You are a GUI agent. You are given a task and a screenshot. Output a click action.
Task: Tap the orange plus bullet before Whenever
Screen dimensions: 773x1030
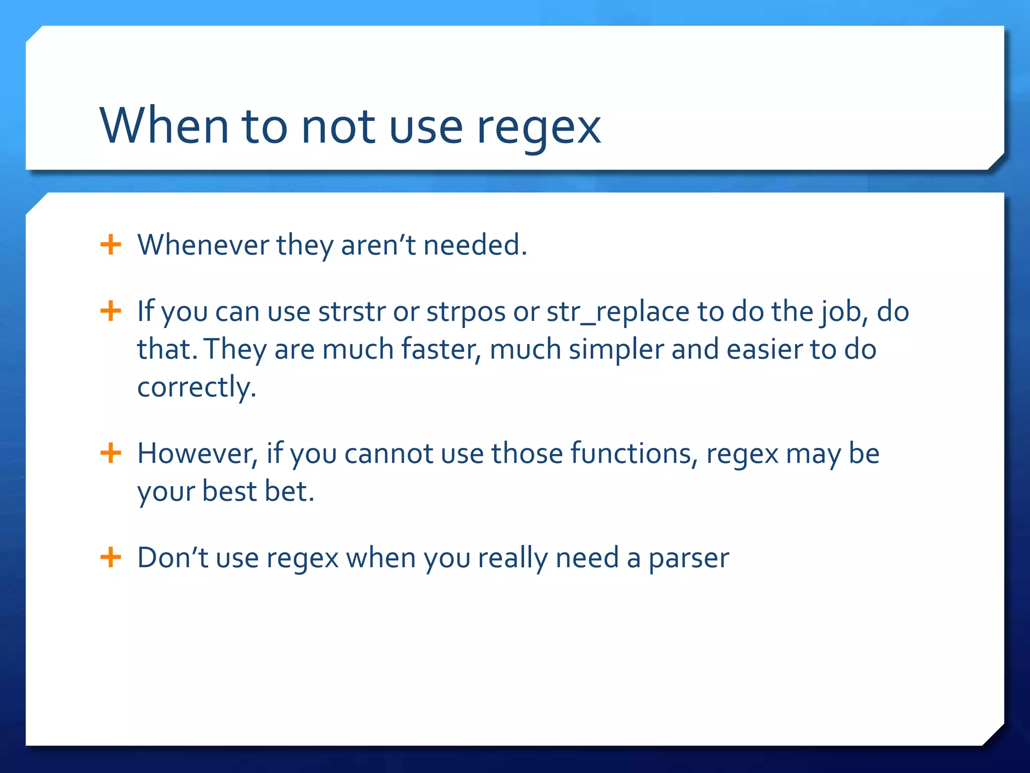pyautogui.click(x=111, y=245)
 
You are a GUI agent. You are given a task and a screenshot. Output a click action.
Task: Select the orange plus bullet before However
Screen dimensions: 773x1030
pyautogui.click(x=111, y=453)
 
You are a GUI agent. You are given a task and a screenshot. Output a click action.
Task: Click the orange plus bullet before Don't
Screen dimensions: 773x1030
pyautogui.click(x=111, y=558)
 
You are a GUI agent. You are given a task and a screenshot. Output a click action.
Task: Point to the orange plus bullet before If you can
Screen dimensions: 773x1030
pyautogui.click(x=111, y=311)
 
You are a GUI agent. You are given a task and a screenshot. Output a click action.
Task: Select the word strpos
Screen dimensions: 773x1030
pyautogui.click(x=466, y=313)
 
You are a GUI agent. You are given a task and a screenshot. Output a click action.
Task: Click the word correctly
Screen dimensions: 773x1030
pyautogui.click(x=196, y=388)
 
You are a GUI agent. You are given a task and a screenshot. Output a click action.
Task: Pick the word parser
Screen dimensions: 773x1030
pyautogui.click(x=689, y=559)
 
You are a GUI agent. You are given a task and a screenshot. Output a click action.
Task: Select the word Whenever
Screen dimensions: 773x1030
pyautogui.click(x=203, y=245)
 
